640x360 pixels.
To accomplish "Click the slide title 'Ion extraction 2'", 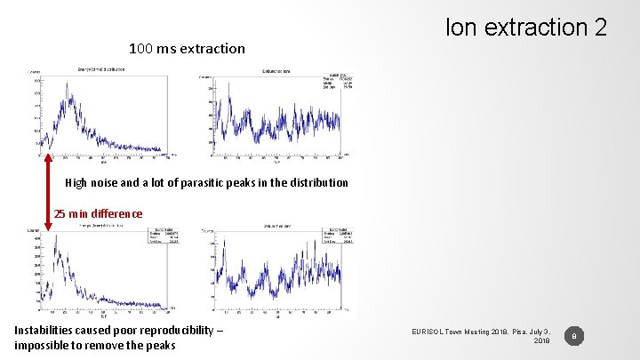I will tap(526, 28).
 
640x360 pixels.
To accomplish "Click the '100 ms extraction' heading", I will tap(187, 48).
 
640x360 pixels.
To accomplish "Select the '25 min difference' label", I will tap(98, 213).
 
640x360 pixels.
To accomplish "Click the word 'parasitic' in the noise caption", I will tap(227, 183).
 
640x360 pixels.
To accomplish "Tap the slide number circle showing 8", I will tap(574, 336).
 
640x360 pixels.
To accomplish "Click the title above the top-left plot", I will tap(101, 68).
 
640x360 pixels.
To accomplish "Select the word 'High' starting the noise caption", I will tap(76, 183).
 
